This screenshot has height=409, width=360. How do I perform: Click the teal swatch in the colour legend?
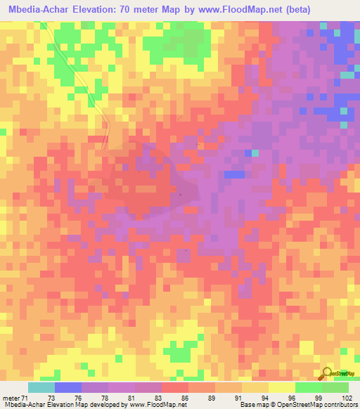[41, 387]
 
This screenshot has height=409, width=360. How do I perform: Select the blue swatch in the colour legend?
[68, 387]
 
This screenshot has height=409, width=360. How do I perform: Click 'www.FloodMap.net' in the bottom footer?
[154, 405]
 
